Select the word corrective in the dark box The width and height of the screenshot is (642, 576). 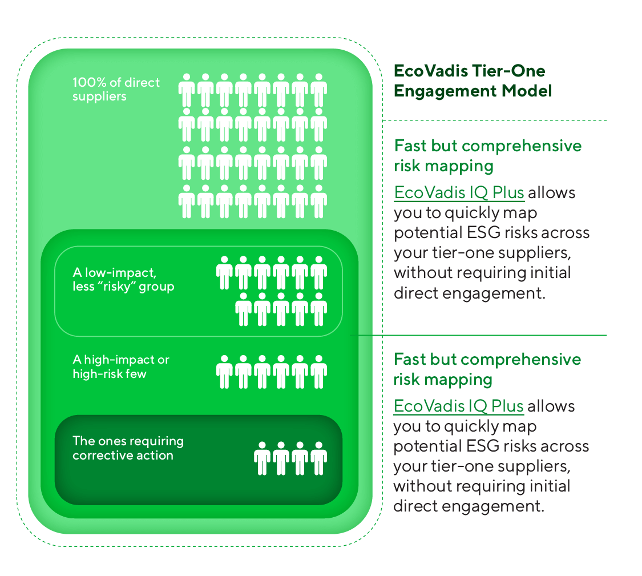coord(101,456)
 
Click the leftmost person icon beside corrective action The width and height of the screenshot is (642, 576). coord(263,458)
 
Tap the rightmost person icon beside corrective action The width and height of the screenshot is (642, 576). coord(318,458)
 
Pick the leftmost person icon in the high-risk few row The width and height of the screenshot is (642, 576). coord(225,372)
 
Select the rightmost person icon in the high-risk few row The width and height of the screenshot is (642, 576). coord(318,372)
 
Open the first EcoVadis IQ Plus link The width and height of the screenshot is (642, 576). coord(459,193)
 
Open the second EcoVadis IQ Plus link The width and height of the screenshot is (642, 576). coord(459,406)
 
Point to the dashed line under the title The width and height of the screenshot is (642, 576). coord(494,120)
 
